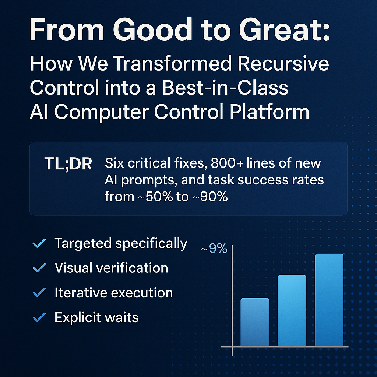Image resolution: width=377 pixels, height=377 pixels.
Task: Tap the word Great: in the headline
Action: coord(285,30)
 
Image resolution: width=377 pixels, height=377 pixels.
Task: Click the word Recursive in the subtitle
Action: coord(283,63)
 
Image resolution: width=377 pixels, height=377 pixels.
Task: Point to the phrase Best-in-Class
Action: coord(225,88)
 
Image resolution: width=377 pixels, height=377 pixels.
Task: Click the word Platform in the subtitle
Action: coord(269,112)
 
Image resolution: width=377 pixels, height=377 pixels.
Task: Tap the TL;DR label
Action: coord(68,164)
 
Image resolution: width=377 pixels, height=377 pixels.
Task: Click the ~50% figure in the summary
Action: coord(155,197)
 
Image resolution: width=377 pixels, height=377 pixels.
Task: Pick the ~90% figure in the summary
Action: coord(210,197)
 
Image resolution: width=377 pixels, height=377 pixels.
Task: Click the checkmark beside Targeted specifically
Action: coord(39,243)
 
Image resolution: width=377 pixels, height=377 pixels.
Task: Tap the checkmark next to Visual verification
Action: coord(39,268)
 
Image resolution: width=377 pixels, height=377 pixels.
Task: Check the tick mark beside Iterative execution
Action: coord(39,292)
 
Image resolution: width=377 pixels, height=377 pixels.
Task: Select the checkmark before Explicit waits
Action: coord(39,317)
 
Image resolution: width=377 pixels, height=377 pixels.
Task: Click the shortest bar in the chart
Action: coord(255,322)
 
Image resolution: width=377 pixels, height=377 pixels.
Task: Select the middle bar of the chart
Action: coord(292,311)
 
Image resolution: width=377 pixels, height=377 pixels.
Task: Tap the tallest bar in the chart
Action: coord(329,300)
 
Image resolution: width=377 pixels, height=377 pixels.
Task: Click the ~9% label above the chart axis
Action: coord(214,249)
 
